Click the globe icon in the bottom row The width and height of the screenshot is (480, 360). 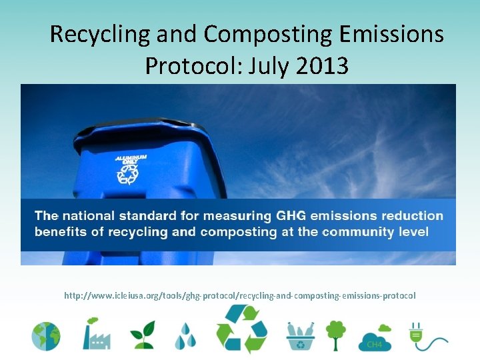tap(45, 336)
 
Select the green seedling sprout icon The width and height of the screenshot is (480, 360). tap(142, 335)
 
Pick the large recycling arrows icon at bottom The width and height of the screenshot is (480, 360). tap(241, 329)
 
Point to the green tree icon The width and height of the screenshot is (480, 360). tap(335, 335)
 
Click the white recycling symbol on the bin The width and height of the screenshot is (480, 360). tap(127, 173)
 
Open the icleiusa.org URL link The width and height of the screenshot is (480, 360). tap(239, 295)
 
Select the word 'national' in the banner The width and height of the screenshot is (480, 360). tap(88, 216)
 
